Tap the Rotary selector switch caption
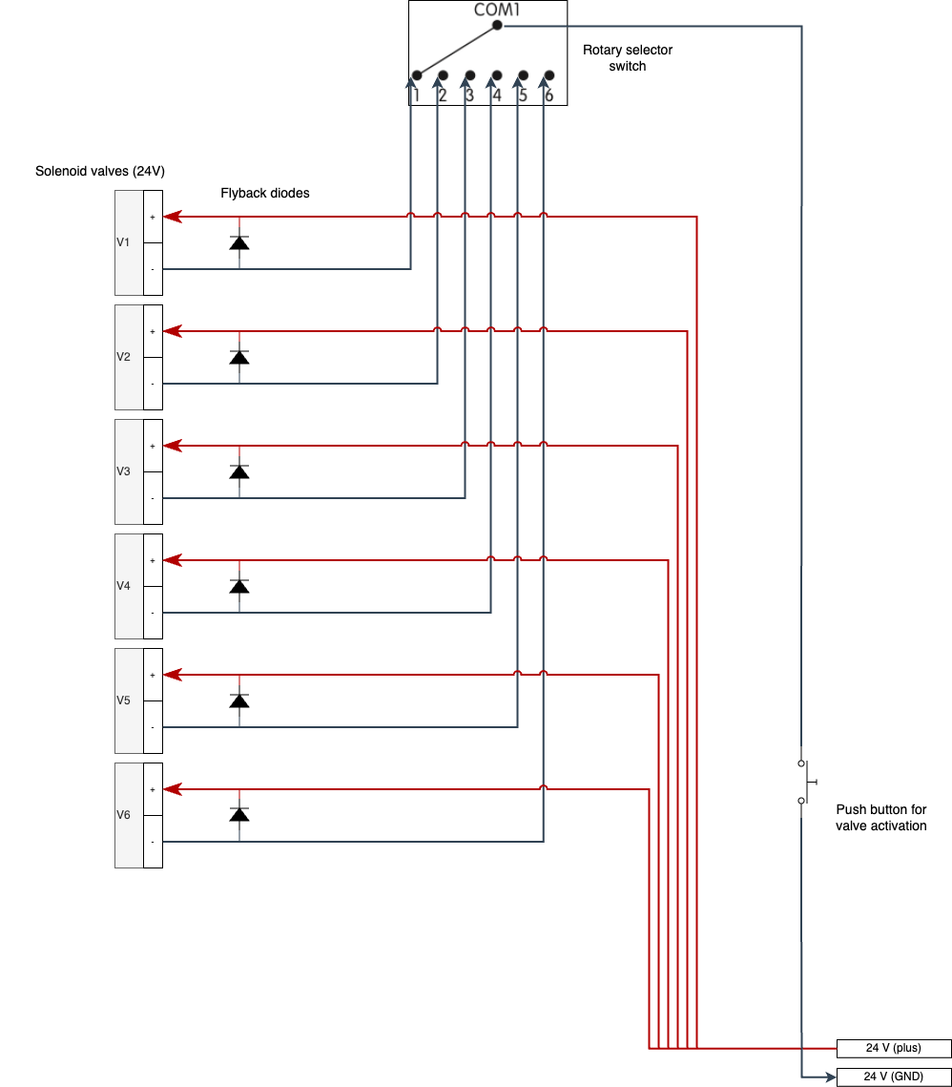click(627, 58)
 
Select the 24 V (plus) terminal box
click(893, 1048)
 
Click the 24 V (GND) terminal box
click(893, 1077)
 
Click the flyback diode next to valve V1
click(239, 243)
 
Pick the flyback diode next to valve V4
click(239, 587)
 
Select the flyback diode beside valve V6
click(239, 815)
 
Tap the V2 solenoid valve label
click(123, 357)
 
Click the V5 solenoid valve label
click(123, 700)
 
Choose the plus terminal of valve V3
click(153, 446)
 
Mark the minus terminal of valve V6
click(153, 842)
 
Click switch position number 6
click(548, 94)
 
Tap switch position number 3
click(469, 94)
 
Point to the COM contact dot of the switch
click(497, 26)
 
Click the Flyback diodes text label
click(265, 193)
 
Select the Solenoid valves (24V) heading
click(100, 172)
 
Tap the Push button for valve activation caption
click(880, 817)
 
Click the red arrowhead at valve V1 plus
click(171, 217)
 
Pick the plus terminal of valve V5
click(153, 675)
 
